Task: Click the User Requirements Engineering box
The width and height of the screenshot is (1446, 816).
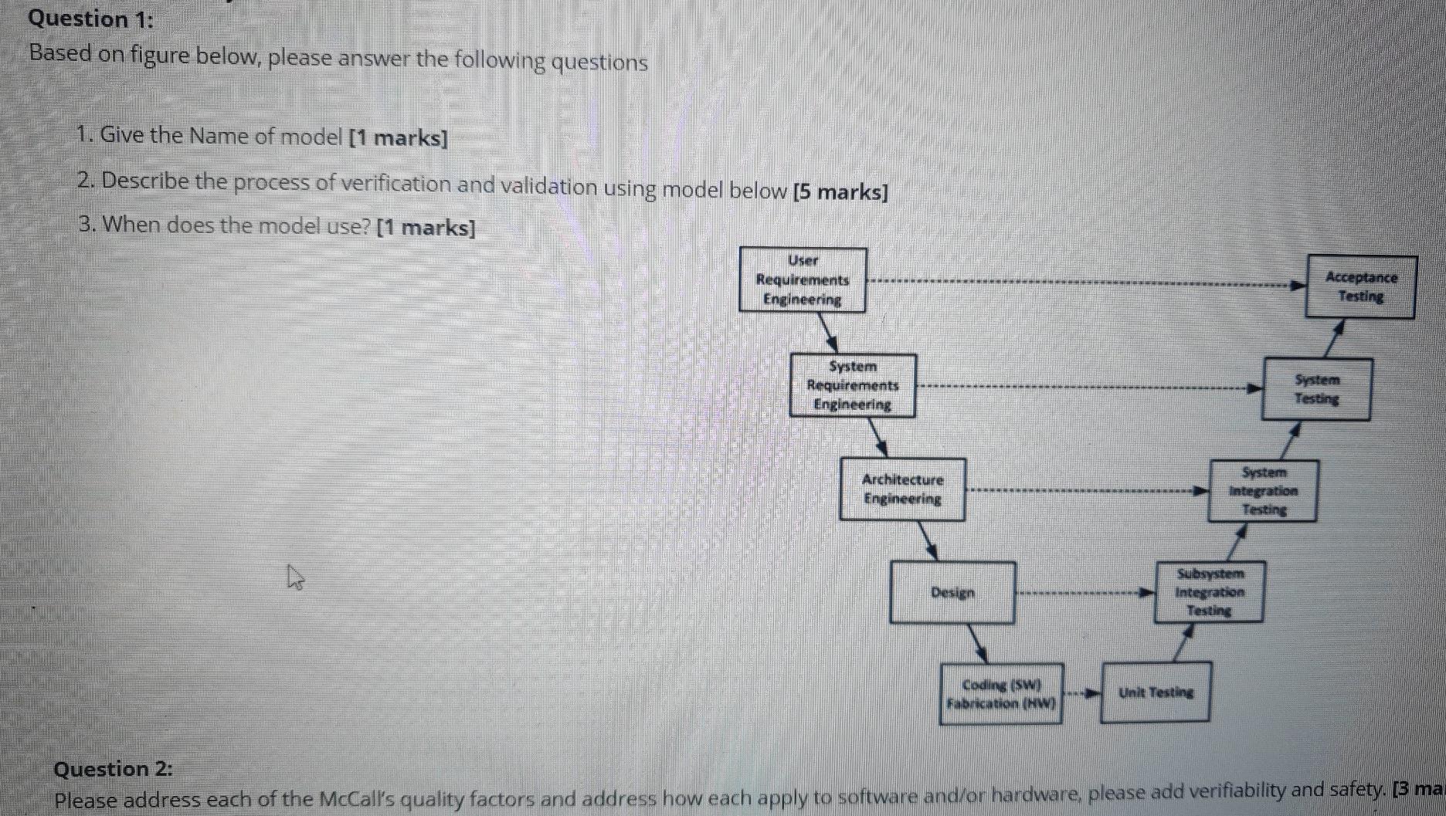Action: click(803, 279)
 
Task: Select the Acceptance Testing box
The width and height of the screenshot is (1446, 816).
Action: click(1360, 286)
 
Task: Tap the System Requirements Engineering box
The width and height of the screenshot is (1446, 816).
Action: click(853, 385)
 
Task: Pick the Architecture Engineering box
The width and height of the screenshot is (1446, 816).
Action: click(902, 489)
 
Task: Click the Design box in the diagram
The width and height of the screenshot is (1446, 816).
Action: click(952, 592)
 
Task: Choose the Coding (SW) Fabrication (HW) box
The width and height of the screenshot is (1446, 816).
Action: click(1001, 694)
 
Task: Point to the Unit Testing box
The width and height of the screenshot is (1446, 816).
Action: click(1156, 692)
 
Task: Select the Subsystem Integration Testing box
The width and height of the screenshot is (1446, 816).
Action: click(1210, 592)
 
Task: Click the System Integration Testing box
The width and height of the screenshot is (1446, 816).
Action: click(1264, 491)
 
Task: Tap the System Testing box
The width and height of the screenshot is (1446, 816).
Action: click(1317, 389)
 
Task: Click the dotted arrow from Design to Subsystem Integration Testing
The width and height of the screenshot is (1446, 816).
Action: click(1084, 593)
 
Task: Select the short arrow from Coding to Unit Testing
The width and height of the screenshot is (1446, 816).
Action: click(1082, 693)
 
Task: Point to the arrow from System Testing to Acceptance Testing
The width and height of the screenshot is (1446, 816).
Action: click(1334, 338)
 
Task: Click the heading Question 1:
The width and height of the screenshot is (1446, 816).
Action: click(91, 19)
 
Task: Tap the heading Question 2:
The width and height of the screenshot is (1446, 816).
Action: click(114, 769)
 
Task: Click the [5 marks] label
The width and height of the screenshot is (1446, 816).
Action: click(840, 191)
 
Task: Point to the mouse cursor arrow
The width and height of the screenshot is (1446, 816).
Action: click(294, 577)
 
